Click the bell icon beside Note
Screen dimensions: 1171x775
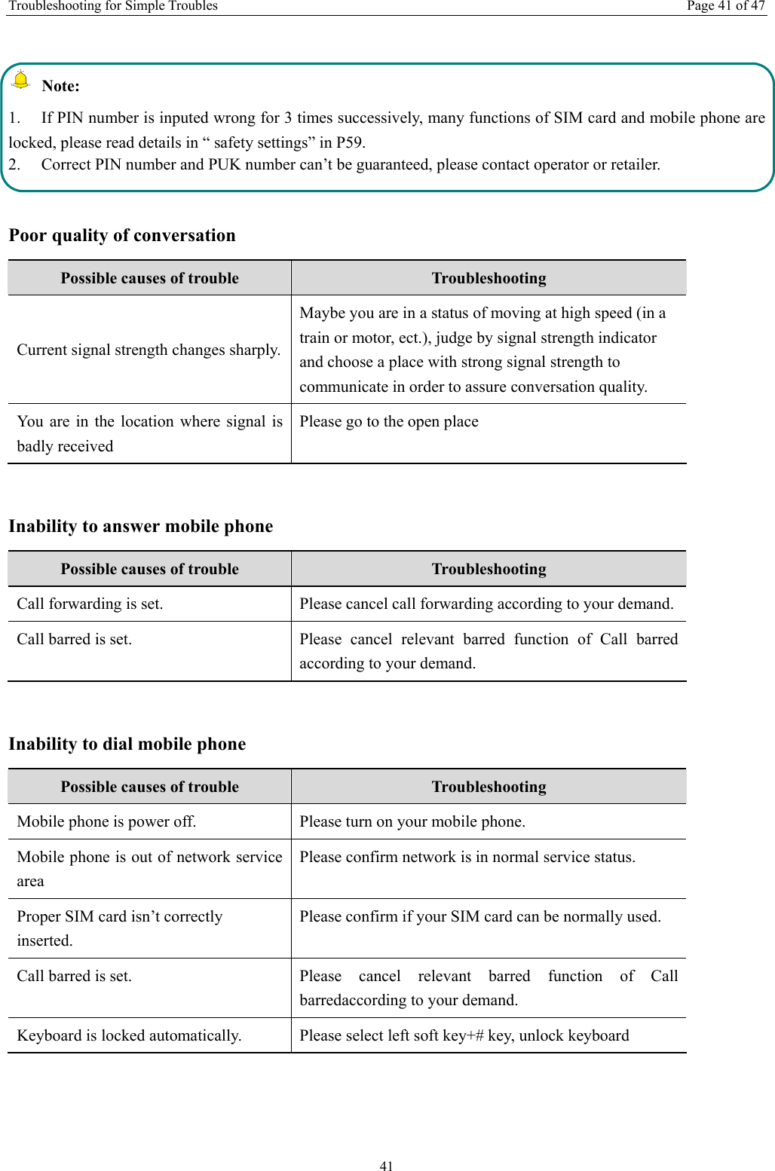(x=21, y=79)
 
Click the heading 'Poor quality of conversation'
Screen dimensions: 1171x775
(x=122, y=235)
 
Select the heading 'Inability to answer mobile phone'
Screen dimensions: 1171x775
(x=141, y=526)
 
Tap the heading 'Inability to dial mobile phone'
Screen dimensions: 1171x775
(x=127, y=744)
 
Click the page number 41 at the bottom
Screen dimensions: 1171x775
(x=386, y=1166)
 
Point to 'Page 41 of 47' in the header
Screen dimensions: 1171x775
(x=725, y=6)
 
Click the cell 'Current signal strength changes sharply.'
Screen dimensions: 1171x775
(x=149, y=350)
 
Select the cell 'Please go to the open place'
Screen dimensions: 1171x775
(x=389, y=421)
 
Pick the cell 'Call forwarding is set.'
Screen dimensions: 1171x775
(x=90, y=604)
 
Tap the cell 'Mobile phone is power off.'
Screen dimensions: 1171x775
(x=106, y=821)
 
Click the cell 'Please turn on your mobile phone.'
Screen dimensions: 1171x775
(x=412, y=821)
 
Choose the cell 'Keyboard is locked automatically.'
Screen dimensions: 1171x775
(x=129, y=1035)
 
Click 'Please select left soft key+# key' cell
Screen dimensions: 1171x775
(x=464, y=1035)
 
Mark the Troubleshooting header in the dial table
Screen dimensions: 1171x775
(x=489, y=787)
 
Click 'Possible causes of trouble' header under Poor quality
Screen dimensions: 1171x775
(x=149, y=278)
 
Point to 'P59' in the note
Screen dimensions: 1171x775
(x=350, y=142)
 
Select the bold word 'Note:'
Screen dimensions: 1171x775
(x=60, y=86)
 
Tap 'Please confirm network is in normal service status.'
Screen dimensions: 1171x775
(x=467, y=857)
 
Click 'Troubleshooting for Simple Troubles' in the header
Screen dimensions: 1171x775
(x=113, y=6)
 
